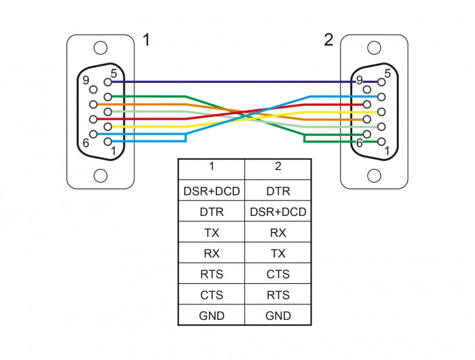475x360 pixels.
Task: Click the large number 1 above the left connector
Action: [146, 40]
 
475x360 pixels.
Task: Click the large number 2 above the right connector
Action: [328, 40]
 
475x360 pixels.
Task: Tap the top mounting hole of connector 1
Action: [100, 48]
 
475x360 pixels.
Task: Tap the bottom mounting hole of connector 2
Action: [374, 175]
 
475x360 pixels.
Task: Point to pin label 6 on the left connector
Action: [86, 143]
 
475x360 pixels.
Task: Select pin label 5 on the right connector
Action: [387, 73]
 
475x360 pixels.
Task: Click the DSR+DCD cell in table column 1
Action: [212, 191]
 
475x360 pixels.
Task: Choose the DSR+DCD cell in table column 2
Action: [278, 212]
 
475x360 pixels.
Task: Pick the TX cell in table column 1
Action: [212, 232]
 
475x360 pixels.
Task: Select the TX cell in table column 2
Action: [278, 253]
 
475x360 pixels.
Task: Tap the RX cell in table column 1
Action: [212, 253]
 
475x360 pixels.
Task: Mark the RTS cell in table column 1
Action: [212, 274]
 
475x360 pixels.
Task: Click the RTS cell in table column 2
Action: [278, 295]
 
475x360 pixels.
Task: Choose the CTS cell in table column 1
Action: [212, 295]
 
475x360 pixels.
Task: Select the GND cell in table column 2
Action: [278, 316]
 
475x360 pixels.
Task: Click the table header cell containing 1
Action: [212, 166]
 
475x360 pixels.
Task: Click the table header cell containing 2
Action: [278, 166]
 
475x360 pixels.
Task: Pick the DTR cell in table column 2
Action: [278, 191]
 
